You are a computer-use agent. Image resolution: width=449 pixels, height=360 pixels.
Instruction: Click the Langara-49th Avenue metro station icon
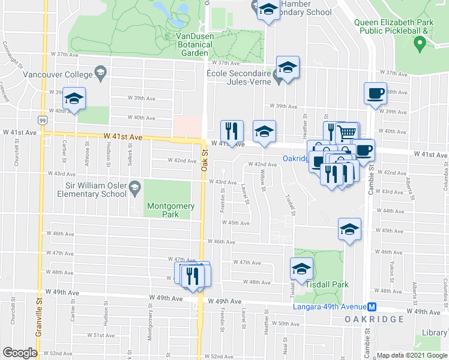point(372,306)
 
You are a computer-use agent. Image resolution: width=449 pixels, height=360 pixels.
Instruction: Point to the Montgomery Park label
point(171,210)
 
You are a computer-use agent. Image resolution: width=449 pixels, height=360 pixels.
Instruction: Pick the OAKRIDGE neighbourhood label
point(374,319)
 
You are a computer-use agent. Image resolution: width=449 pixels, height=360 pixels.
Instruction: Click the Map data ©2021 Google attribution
point(412,355)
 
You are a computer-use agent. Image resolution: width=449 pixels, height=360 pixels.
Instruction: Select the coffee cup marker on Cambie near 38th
point(375,93)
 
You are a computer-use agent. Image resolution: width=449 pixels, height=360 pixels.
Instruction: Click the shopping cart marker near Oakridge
point(348,132)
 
